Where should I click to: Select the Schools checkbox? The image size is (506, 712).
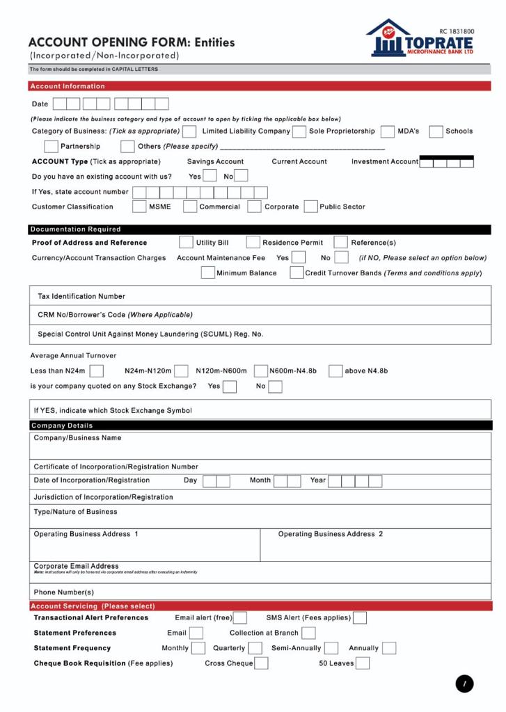pos(436,131)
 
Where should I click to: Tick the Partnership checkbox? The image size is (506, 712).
pos(51,147)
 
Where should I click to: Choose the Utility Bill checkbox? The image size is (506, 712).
pos(186,243)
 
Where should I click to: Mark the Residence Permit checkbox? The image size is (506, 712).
pos(253,243)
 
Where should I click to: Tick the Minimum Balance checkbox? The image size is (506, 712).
pos(207,273)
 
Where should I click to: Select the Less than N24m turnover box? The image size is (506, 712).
pos(96,371)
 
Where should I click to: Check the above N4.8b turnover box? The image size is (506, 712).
pos(335,371)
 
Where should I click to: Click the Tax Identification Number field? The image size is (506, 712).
pos(261,297)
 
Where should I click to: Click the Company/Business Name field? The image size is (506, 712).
pos(261,446)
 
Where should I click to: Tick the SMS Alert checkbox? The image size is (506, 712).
pos(361,617)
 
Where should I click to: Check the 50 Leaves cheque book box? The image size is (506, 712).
pos(363,663)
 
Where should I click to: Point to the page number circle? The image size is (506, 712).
pos(465,684)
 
